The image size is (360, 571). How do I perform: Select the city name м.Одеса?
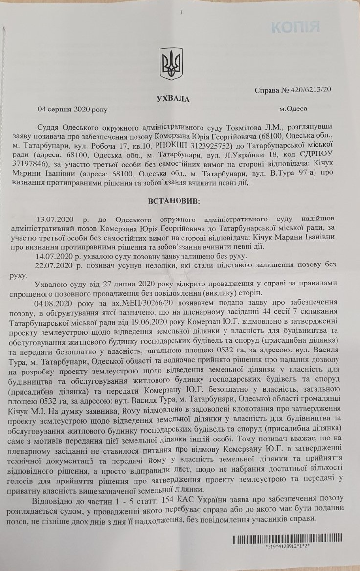tap(293, 108)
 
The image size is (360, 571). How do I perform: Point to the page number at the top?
tap(181, 12)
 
